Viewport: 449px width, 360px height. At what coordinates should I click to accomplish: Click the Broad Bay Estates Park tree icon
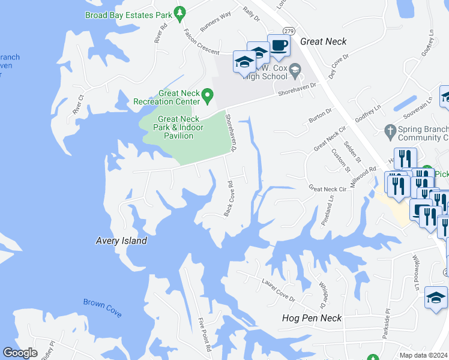tap(179, 13)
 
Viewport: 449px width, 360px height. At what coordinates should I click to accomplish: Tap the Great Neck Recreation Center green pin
tap(207, 95)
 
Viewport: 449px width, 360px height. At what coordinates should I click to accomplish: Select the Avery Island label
tap(121, 241)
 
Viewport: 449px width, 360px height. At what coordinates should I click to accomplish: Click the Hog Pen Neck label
tap(312, 317)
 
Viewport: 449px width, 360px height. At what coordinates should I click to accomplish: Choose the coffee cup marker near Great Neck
tap(279, 46)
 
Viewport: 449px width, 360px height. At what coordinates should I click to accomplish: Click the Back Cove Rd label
tap(229, 199)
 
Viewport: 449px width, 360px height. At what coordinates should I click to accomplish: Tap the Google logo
tap(20, 353)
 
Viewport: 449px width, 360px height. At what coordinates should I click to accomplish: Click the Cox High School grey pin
tap(295, 71)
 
